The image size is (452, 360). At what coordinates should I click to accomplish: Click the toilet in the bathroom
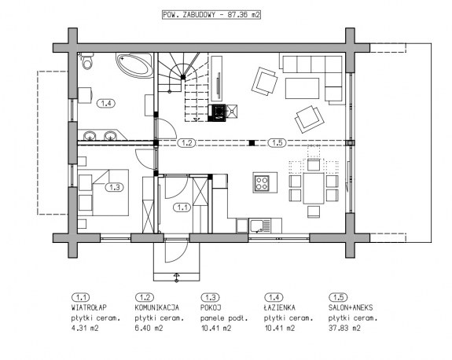pyautogui.click(x=86, y=61)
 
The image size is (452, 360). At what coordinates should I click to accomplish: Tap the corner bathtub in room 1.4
pyautogui.click(x=135, y=65)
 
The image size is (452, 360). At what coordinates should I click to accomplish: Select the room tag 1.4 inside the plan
pyautogui.click(x=106, y=103)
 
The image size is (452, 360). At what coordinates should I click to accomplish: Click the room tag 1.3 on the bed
pyautogui.click(x=115, y=187)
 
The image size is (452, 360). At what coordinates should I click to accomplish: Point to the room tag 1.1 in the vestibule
pyautogui.click(x=182, y=208)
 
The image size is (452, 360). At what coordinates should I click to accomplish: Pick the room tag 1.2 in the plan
pyautogui.click(x=186, y=143)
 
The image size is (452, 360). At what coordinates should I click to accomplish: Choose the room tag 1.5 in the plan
pyautogui.click(x=277, y=143)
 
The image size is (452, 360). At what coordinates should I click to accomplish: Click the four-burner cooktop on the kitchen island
pyautogui.click(x=262, y=183)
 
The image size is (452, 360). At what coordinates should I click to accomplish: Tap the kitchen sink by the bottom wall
pyautogui.click(x=259, y=226)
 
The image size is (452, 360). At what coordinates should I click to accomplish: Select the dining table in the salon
pyautogui.click(x=314, y=188)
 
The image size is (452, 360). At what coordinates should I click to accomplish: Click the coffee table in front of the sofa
pyautogui.click(x=303, y=88)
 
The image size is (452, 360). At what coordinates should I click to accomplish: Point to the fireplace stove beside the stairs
pyautogui.click(x=217, y=112)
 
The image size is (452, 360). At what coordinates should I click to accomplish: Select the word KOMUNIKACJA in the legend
pyautogui.click(x=156, y=308)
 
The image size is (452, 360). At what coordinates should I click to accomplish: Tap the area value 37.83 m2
pyautogui.click(x=344, y=328)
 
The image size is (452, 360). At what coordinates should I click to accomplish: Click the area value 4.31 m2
pyautogui.click(x=85, y=328)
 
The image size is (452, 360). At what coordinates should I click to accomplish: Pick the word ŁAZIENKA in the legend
pyautogui.click(x=280, y=307)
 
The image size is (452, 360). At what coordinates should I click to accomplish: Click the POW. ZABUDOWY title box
pyautogui.click(x=211, y=15)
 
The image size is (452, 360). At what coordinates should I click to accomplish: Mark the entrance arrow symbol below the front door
pyautogui.click(x=176, y=277)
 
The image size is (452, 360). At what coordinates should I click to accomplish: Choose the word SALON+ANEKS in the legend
pyautogui.click(x=351, y=308)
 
